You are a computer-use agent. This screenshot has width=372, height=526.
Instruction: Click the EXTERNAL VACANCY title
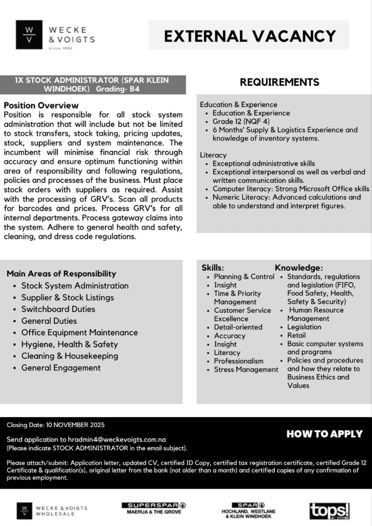(x=250, y=36)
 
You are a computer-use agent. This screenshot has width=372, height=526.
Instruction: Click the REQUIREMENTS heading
(x=280, y=82)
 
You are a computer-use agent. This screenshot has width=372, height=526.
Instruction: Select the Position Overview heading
(x=41, y=106)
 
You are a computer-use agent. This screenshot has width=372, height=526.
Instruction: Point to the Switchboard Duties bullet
(x=58, y=309)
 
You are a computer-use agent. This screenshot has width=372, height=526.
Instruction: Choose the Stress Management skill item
(x=246, y=369)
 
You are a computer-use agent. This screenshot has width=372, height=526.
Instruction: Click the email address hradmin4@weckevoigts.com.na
(x=117, y=439)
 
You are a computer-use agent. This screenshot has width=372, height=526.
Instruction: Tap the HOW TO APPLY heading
(x=324, y=434)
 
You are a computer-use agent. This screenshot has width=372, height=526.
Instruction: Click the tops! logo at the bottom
(x=330, y=511)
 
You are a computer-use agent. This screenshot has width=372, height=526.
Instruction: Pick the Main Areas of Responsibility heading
(x=61, y=274)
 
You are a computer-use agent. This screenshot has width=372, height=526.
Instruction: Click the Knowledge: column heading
(x=299, y=268)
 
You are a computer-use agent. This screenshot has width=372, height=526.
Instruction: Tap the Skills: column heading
(x=213, y=268)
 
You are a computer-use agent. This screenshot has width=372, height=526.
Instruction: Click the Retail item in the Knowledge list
(x=296, y=335)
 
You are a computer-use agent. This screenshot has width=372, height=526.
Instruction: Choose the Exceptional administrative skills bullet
(x=263, y=164)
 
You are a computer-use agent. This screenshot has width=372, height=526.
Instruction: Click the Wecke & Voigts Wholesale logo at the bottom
(x=52, y=511)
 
